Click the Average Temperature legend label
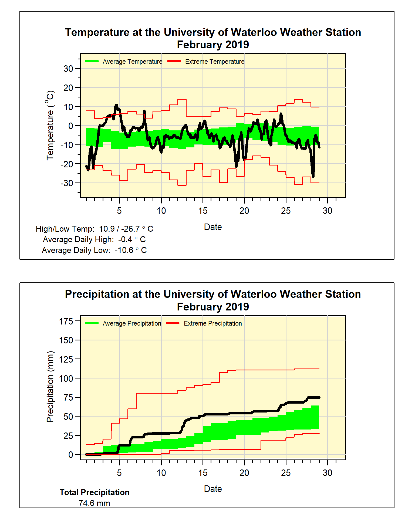pos(132,62)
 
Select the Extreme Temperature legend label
pos(215,62)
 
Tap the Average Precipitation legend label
pos(132,323)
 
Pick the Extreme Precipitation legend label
pos(213,323)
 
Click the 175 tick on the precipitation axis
pos(66,321)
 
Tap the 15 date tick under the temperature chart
pos(203,211)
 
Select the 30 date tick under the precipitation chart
pos(328,473)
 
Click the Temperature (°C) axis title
pos(50,125)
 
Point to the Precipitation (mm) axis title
pos(50,387)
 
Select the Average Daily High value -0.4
pos(125,239)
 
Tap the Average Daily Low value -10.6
pos(124,250)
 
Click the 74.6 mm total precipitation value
pos(94,503)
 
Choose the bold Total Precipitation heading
pos(94,492)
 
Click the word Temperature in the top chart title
pos(97,32)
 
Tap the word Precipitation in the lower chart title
pos(97,294)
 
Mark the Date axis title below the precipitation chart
pos(213,489)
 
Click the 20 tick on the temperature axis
pos(68,88)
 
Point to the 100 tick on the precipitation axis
pos(66,378)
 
